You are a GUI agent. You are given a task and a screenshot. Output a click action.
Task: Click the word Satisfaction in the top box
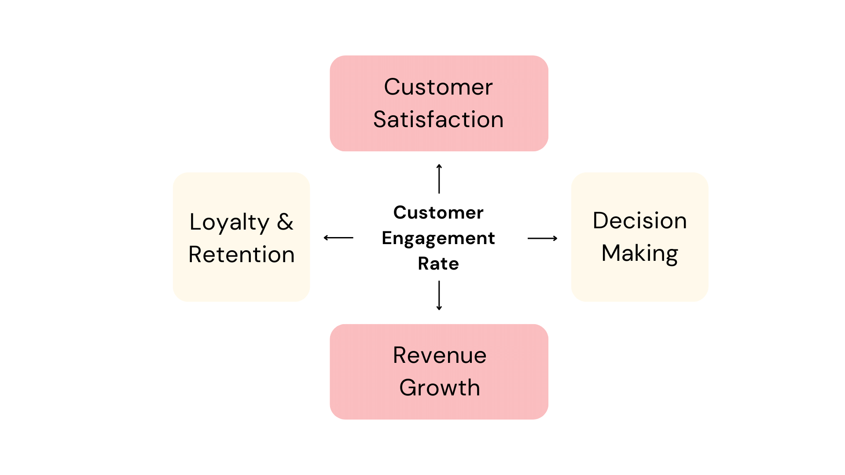(x=438, y=120)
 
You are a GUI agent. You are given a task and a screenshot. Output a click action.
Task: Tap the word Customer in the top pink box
(x=438, y=87)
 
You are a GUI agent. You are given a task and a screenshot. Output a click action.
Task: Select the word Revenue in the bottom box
(x=440, y=355)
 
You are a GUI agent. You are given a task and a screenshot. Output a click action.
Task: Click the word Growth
(x=440, y=388)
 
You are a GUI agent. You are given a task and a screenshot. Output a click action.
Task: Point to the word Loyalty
(x=229, y=223)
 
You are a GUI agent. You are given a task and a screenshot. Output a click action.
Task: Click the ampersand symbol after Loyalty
(x=285, y=222)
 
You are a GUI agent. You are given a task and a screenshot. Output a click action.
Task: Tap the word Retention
(x=241, y=255)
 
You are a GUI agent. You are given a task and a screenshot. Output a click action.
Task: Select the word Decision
(x=639, y=221)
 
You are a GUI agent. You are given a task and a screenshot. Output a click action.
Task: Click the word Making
(x=639, y=253)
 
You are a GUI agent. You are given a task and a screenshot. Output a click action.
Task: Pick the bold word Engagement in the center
(x=438, y=238)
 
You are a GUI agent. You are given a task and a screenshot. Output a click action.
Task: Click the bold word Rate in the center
(x=438, y=264)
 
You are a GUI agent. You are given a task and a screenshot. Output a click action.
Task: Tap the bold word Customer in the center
(x=438, y=213)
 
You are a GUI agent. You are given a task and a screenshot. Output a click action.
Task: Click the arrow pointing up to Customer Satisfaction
(x=439, y=179)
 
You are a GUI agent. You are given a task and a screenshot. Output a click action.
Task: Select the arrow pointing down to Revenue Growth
(x=439, y=296)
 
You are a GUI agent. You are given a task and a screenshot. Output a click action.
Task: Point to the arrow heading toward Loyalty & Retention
(x=338, y=238)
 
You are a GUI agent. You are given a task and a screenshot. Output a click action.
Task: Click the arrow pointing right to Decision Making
(x=542, y=238)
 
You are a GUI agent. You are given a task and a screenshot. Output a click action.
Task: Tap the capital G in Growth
(x=409, y=388)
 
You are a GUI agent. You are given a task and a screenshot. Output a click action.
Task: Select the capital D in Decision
(x=601, y=221)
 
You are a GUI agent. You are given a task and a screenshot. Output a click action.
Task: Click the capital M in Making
(x=612, y=253)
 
